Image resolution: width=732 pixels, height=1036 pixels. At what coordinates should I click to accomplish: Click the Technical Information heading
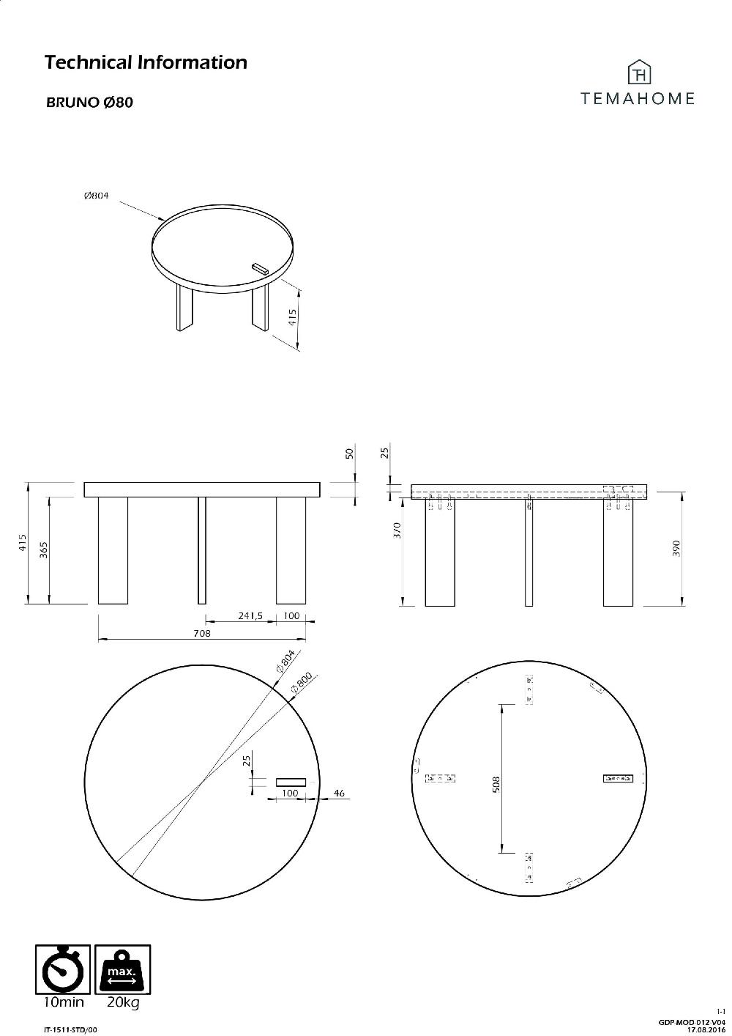click(x=146, y=62)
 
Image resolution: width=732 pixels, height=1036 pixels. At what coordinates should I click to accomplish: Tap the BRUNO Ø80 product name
click(x=89, y=103)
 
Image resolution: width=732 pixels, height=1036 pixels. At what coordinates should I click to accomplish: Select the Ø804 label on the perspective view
click(x=96, y=196)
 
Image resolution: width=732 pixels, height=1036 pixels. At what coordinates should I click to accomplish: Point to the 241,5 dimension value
click(x=250, y=615)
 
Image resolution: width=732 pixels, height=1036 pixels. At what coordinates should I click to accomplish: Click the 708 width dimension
click(x=202, y=634)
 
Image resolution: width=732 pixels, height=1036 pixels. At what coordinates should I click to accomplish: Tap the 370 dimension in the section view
click(x=397, y=530)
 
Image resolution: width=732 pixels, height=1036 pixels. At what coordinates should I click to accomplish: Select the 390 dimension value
click(x=676, y=549)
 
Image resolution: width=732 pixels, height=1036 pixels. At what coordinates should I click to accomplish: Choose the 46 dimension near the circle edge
click(x=339, y=793)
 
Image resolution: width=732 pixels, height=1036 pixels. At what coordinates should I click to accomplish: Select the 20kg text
click(x=123, y=1003)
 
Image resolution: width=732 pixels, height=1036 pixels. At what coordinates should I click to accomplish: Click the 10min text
click(x=62, y=1003)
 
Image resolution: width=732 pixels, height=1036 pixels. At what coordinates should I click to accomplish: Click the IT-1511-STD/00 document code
click(x=70, y=1029)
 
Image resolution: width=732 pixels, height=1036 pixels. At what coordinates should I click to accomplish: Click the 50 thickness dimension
click(x=349, y=454)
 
